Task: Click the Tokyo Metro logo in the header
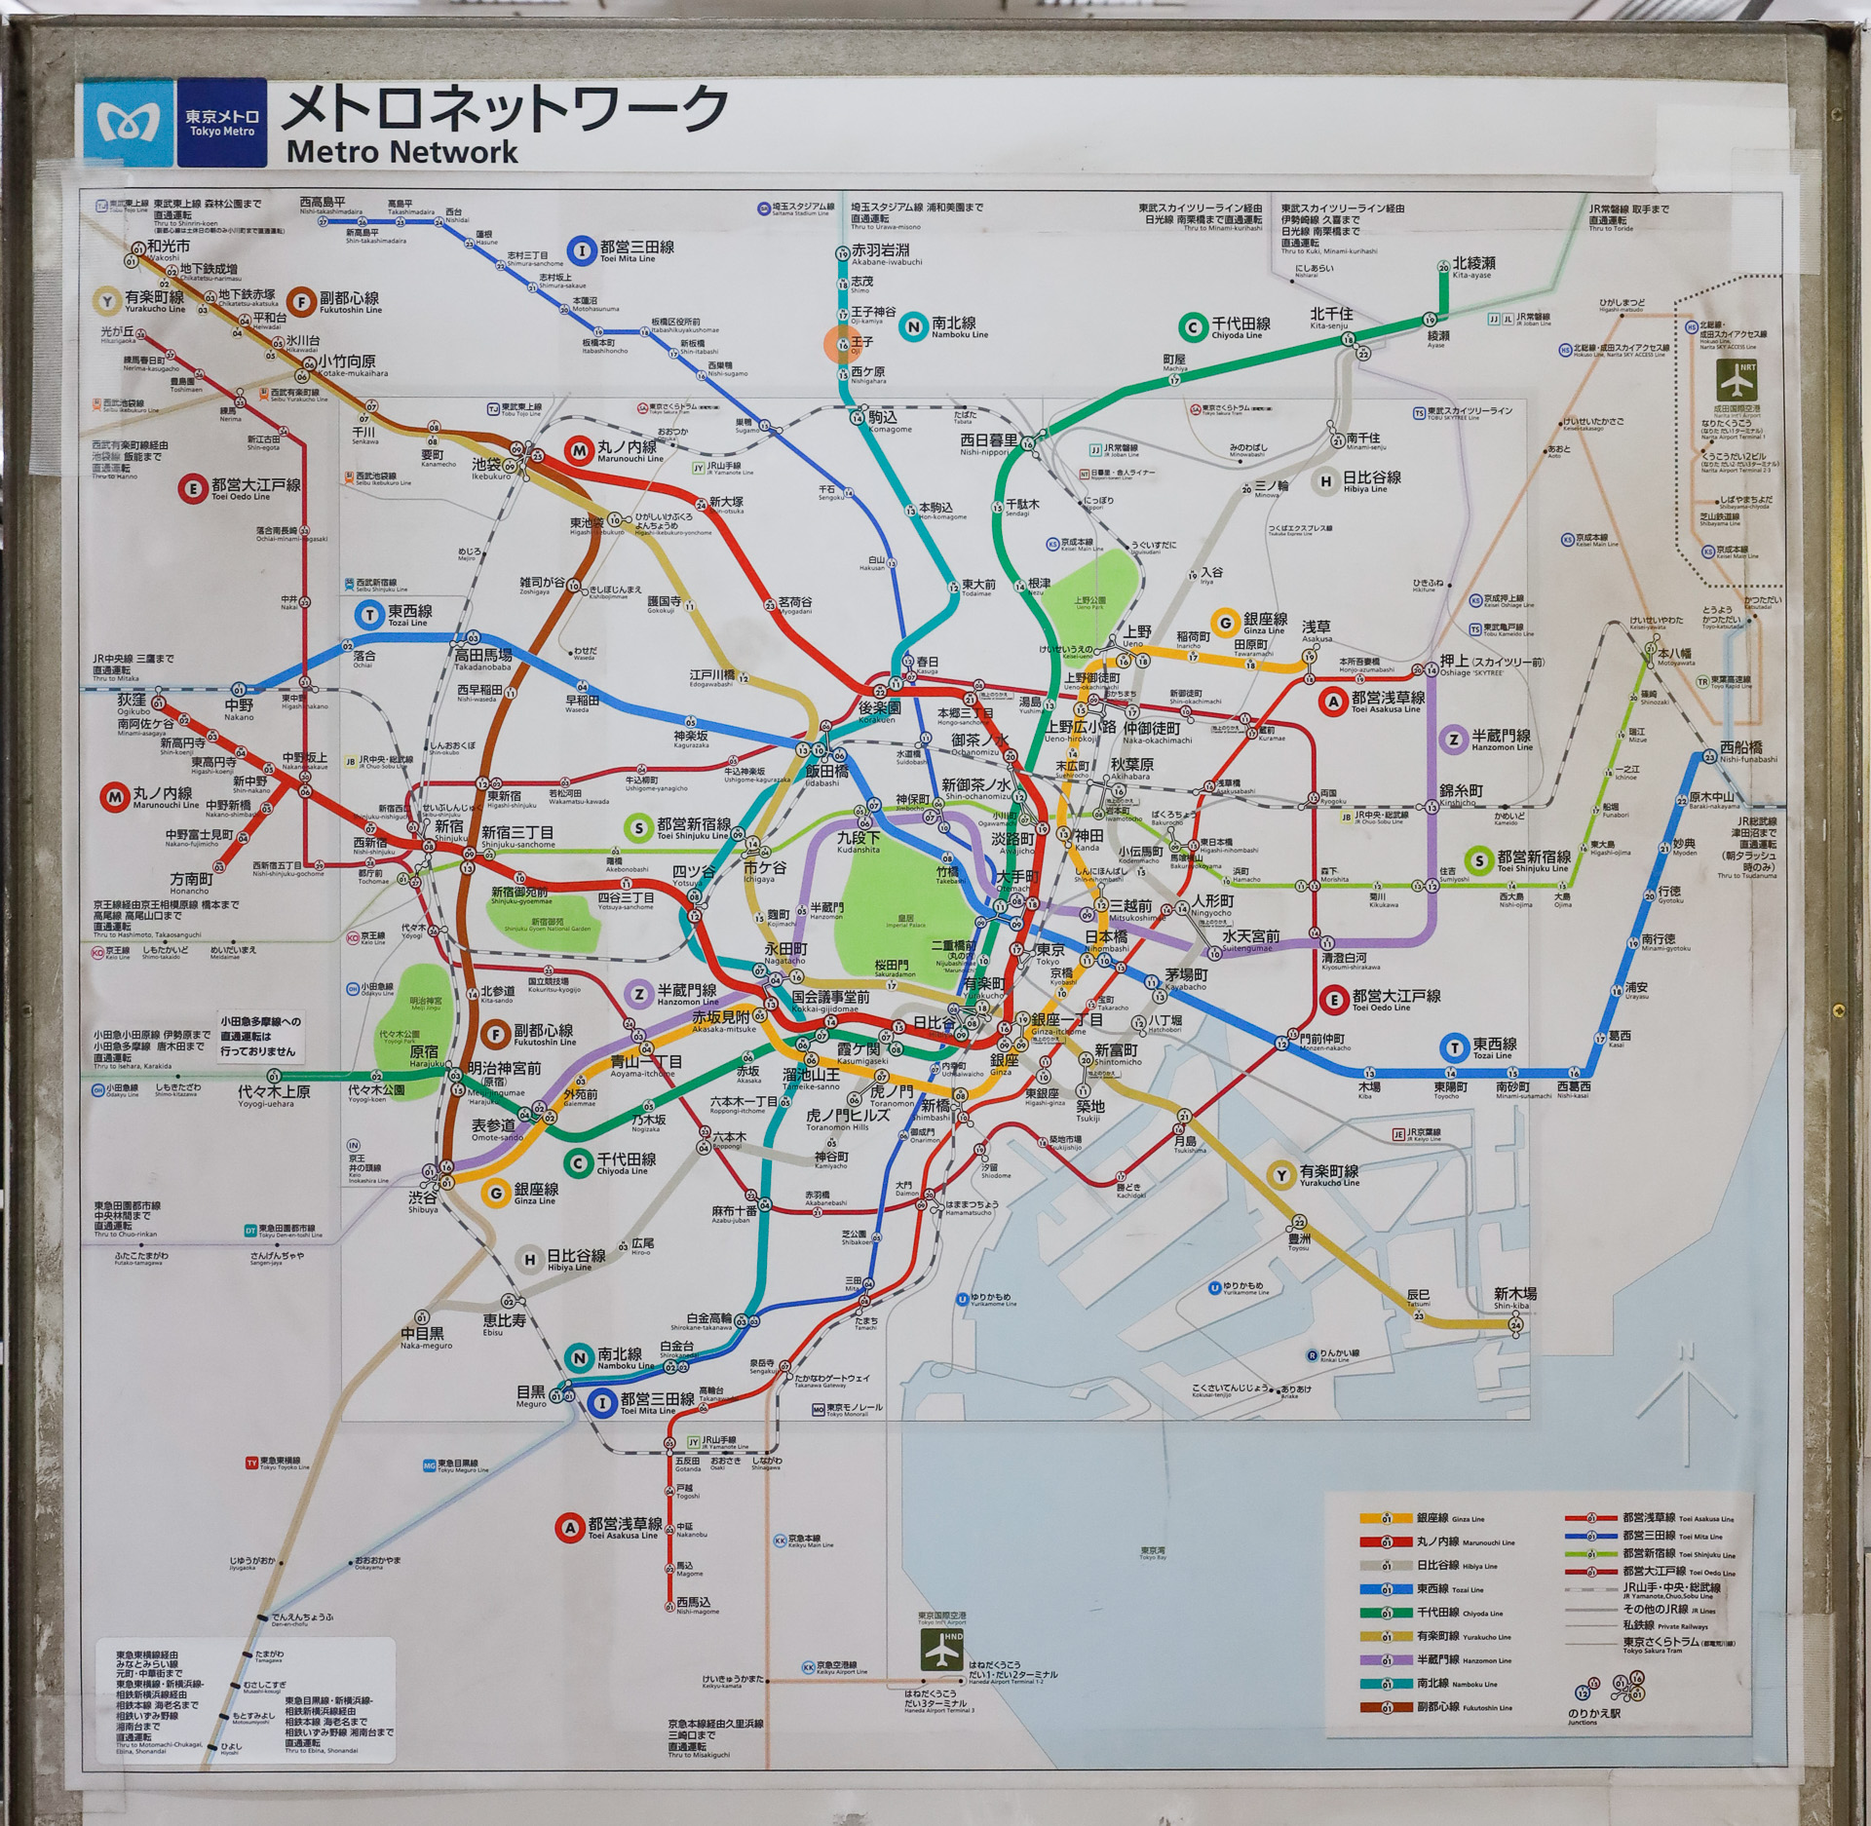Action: (128, 123)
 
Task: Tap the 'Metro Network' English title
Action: (401, 152)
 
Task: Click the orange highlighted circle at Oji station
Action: (841, 344)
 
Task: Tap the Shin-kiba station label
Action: (1514, 1296)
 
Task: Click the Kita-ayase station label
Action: (1473, 265)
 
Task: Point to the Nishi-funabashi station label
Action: (1740, 749)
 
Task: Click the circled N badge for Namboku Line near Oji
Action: (913, 326)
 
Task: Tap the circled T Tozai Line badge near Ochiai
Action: (368, 615)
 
